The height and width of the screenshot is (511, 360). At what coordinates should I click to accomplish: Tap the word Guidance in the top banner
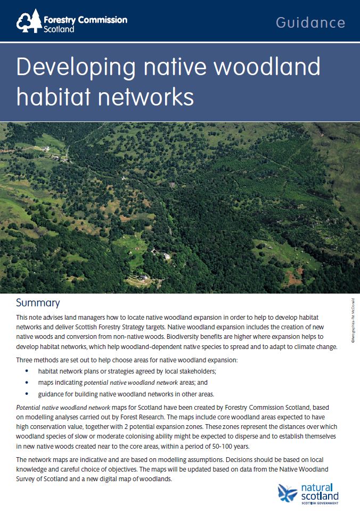point(310,22)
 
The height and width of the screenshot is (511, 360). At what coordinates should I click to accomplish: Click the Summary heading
point(38,303)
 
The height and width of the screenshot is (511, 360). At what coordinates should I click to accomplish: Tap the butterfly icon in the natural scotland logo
point(288,492)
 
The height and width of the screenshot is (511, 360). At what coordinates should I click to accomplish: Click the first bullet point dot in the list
point(27,371)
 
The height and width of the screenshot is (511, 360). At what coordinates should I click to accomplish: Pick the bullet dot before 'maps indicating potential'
point(27,383)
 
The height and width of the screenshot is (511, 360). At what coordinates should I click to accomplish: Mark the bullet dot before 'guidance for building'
point(27,394)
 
